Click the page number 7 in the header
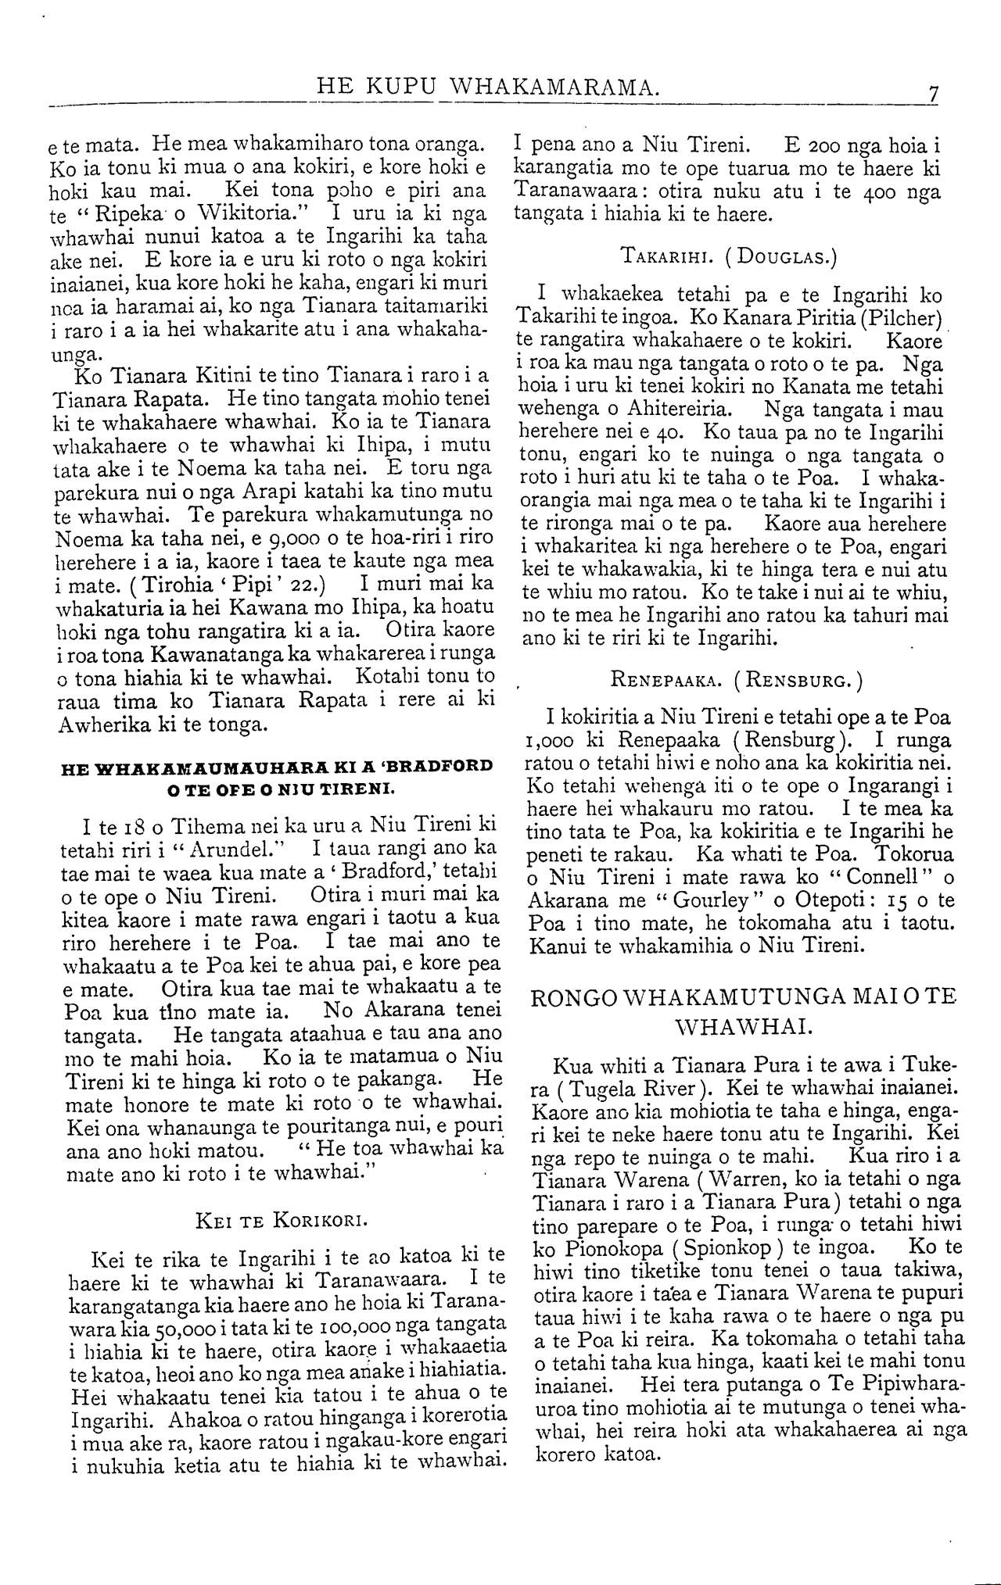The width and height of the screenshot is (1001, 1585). click(932, 94)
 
